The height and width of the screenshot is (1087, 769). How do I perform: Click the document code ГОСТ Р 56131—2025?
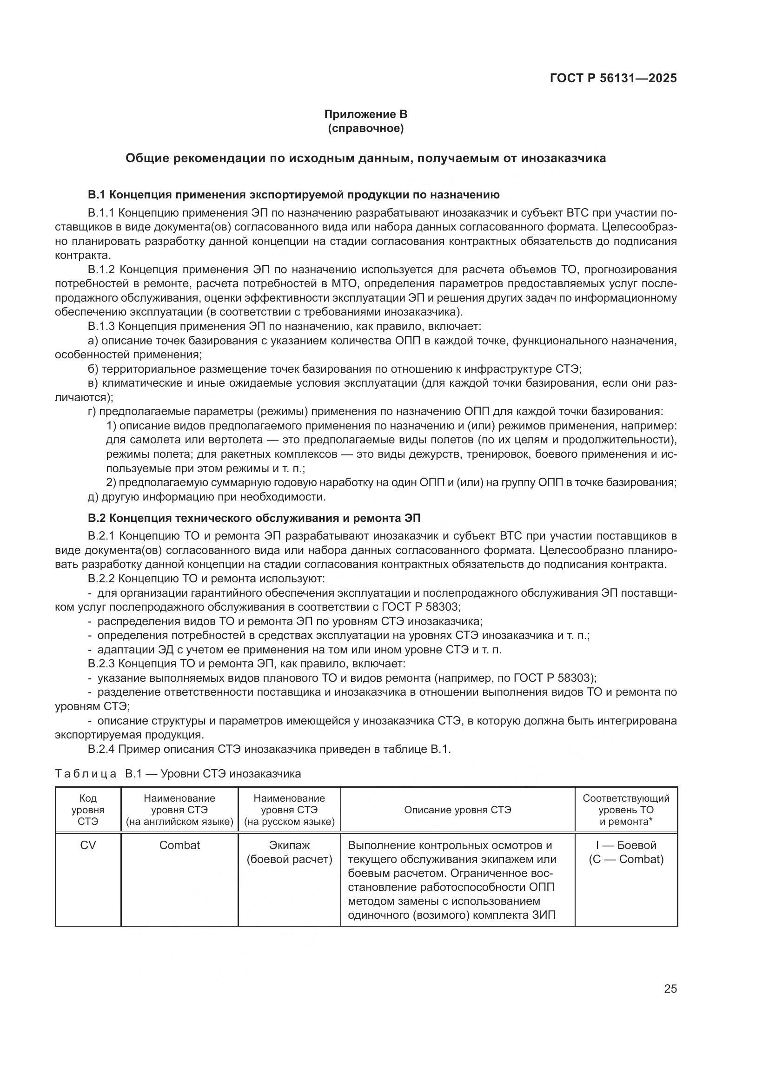[613, 78]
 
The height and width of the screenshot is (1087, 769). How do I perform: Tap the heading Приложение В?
[365, 114]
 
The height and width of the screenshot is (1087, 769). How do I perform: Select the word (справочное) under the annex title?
[365, 128]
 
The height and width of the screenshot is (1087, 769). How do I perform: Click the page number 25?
[670, 988]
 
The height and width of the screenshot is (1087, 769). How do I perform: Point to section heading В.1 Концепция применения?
[293, 195]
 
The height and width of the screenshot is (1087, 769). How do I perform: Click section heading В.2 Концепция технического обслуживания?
[254, 518]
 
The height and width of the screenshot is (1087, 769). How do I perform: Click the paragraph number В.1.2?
[101, 270]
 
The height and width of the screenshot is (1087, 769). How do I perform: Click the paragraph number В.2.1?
[101, 536]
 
